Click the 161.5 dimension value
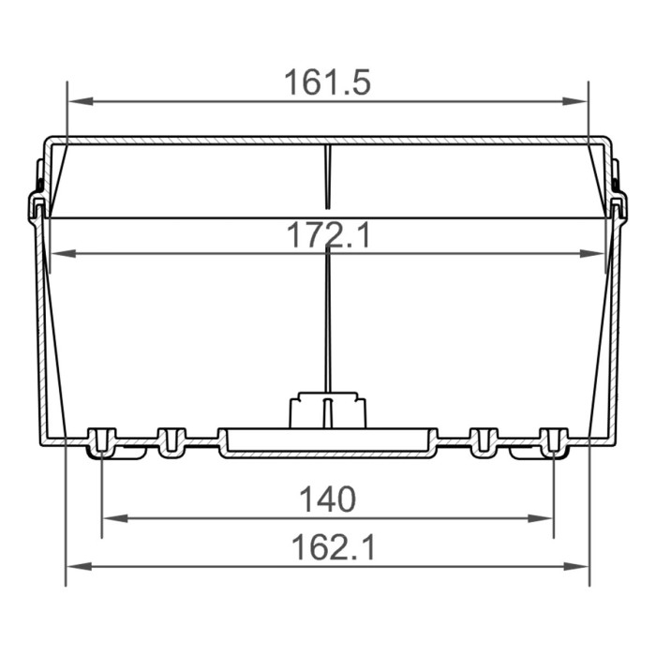pos(327,82)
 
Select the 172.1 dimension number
pos(327,235)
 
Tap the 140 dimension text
pos(327,499)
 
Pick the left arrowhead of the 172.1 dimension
pos(58,253)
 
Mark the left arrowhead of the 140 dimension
pos(111,517)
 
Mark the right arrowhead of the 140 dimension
pos(545,517)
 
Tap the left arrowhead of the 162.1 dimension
pos(75,566)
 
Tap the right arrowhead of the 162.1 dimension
pos(581,566)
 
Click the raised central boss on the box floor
pos(327,410)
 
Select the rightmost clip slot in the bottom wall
pos(554,441)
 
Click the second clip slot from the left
pos(171,441)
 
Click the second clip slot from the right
pos(484,441)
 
